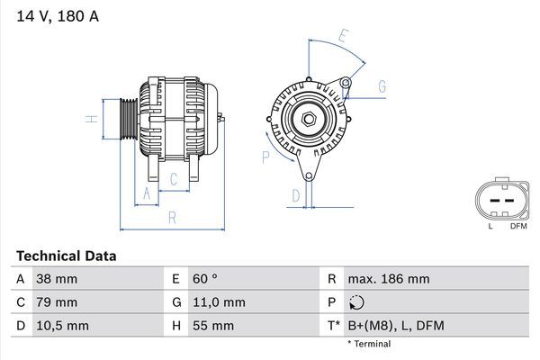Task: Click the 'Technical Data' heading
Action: click(x=66, y=256)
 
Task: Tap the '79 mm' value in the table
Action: click(x=56, y=302)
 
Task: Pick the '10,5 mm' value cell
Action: click(x=61, y=325)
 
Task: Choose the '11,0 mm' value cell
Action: click(x=219, y=302)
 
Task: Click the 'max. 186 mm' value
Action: click(x=389, y=280)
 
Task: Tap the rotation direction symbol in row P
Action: click(x=357, y=302)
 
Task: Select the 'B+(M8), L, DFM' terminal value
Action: click(x=396, y=325)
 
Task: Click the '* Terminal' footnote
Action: click(x=369, y=344)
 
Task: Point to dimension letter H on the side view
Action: click(x=91, y=118)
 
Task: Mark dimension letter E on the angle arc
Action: click(x=343, y=37)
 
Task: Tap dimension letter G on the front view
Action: click(x=382, y=86)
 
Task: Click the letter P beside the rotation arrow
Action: click(x=265, y=157)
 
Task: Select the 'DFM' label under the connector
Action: click(x=518, y=226)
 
